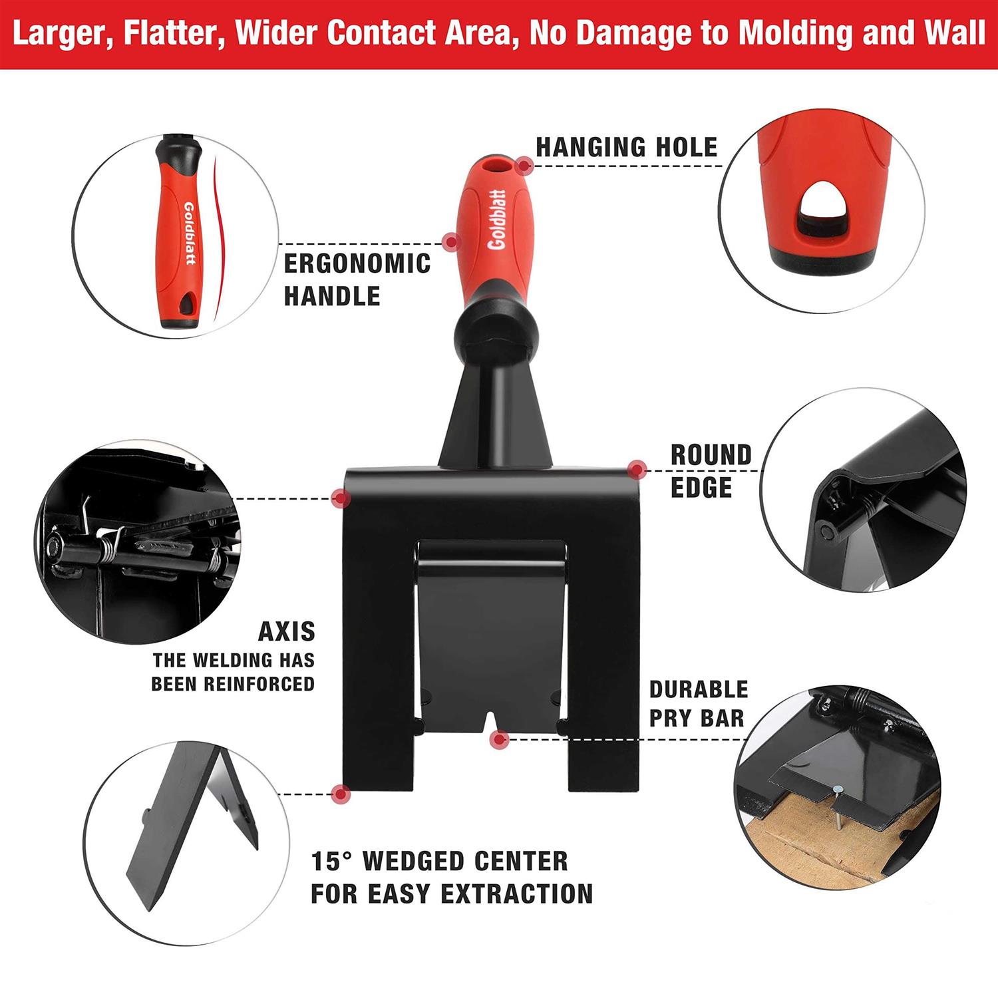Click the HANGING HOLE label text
click(x=626, y=147)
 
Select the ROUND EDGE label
click(x=711, y=471)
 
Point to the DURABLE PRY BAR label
click(x=699, y=703)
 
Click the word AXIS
click(x=287, y=631)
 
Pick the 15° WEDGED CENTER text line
click(x=440, y=861)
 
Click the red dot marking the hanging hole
click(x=526, y=165)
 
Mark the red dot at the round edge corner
click(x=637, y=470)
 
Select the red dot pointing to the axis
click(x=341, y=498)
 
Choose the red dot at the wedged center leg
click(x=341, y=793)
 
